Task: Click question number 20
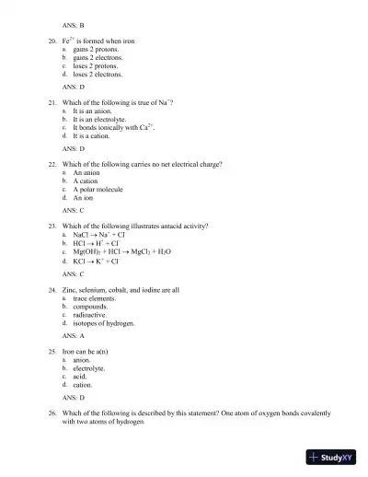click(x=52, y=41)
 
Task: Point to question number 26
click(x=52, y=413)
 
